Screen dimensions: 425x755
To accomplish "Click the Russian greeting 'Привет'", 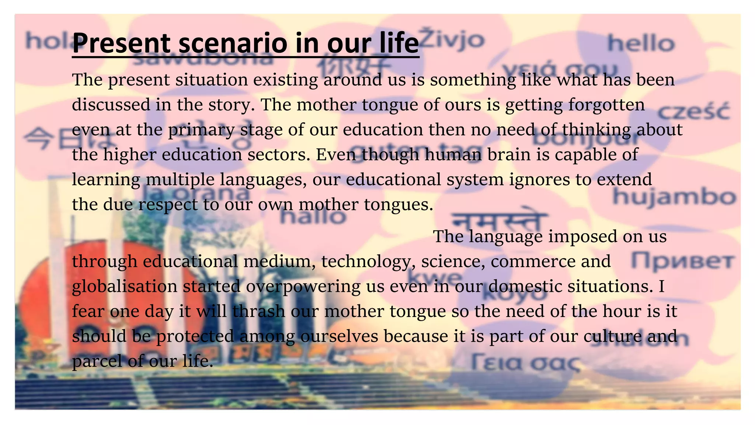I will (682, 261).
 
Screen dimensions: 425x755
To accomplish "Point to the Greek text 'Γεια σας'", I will (526, 362).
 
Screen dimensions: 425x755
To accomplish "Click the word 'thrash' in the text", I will (259, 311).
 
